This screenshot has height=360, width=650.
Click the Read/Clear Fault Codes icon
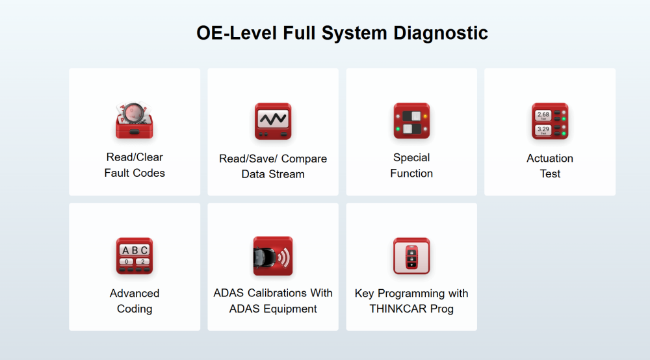coord(134,120)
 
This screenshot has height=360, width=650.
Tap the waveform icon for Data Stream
coord(273,121)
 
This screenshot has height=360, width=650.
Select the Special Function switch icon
coord(411,121)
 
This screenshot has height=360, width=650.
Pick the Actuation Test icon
coord(550,121)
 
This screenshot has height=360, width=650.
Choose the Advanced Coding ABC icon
coord(135,255)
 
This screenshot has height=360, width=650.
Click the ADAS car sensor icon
coord(273,255)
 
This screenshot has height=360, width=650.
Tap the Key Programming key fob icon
coord(411,255)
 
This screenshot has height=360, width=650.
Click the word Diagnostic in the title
coord(441,33)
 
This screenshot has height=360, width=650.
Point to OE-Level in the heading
coord(237,33)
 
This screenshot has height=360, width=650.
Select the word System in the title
coord(354,34)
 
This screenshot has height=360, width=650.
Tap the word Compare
coord(304,159)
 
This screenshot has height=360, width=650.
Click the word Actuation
coord(550,159)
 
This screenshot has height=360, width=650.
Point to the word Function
coord(411,173)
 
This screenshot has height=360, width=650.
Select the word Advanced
coord(135,293)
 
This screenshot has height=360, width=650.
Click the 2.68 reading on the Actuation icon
coord(543,115)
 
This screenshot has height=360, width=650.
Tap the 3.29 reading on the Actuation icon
coord(543,129)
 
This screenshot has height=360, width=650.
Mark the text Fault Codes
coord(135,173)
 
